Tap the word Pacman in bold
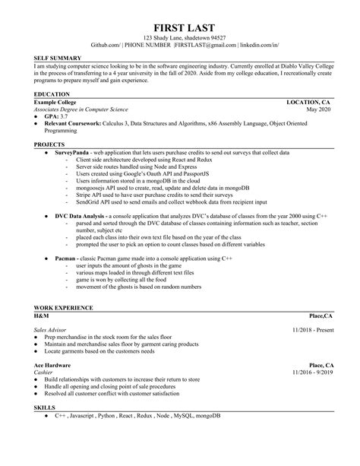click(x=65, y=259)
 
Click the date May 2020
click(x=317, y=109)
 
